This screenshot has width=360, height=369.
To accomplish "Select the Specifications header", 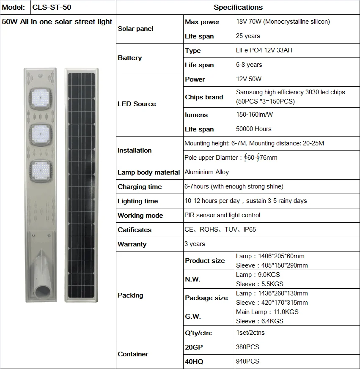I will click(238, 7).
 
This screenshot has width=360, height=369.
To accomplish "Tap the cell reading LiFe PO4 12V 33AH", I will click(264, 50).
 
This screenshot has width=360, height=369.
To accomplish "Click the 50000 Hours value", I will click(254, 129).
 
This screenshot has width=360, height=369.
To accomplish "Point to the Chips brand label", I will click(204, 97).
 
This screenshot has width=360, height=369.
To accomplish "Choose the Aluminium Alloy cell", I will click(207, 172).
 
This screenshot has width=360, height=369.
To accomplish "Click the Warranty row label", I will click(132, 244).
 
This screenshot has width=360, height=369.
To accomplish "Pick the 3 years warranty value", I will click(195, 244).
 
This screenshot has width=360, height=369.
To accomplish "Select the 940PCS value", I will click(247, 361).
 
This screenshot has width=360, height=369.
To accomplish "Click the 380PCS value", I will click(247, 347).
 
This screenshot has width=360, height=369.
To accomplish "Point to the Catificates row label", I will click(135, 230).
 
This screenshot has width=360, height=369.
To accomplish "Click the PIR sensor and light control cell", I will click(223, 215).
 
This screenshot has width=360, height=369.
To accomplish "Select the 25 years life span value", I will click(248, 36).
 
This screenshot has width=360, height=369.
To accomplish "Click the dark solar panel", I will click(82, 186).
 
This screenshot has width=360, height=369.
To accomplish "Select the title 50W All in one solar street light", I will click(57, 22).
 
